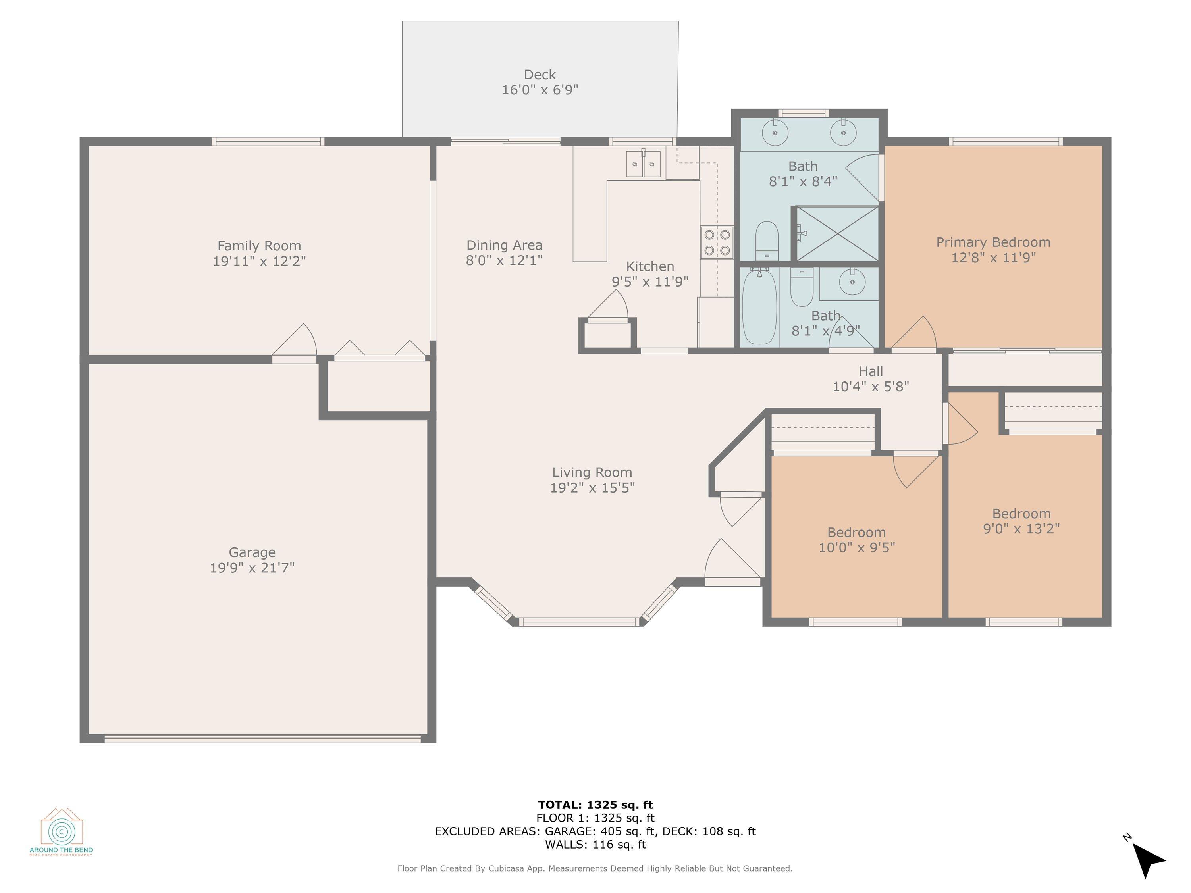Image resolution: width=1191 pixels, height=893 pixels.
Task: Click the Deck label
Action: tap(540, 75)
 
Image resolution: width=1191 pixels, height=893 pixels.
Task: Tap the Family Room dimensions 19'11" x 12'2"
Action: tap(259, 261)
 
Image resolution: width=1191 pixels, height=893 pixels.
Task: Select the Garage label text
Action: tap(252, 552)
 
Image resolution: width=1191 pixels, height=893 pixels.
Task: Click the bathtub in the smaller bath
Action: tap(759, 307)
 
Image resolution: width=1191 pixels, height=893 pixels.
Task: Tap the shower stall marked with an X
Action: tap(837, 234)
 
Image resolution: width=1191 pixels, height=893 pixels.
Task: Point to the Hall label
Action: tap(871, 371)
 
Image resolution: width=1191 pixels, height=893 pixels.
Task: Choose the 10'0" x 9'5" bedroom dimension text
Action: tap(857, 547)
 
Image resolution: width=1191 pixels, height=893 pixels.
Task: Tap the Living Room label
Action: tap(592, 473)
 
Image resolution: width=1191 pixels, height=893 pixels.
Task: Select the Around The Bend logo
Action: tap(62, 831)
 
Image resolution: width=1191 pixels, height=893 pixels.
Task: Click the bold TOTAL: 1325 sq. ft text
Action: tap(595, 805)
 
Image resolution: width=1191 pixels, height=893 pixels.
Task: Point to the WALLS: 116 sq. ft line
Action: tap(595, 845)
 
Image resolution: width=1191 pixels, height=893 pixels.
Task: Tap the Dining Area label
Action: tap(504, 245)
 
